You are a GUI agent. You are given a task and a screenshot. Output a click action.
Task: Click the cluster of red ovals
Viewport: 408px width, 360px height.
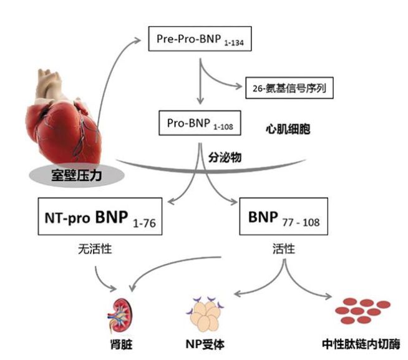coord(361,310)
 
